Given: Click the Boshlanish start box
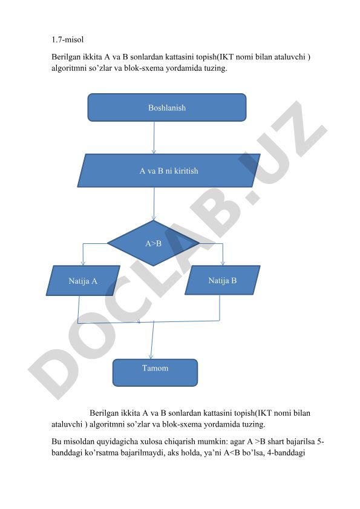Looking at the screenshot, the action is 167,108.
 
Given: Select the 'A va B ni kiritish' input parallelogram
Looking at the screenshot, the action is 169,171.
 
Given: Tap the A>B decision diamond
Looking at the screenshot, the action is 153,243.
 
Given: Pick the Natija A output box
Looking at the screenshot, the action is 83,280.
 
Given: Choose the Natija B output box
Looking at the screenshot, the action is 223,280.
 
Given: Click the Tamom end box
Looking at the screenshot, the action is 155,373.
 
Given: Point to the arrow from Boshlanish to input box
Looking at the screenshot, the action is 154,137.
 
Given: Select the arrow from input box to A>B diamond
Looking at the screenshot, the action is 154,204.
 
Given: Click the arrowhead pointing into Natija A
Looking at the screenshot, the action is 83,263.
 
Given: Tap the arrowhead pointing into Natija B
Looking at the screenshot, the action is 223,263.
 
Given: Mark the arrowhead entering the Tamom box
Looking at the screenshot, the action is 151,356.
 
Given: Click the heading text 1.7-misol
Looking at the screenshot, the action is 68,39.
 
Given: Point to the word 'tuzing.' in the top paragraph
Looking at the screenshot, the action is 215,68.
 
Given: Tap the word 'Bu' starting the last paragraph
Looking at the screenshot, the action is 56,441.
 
